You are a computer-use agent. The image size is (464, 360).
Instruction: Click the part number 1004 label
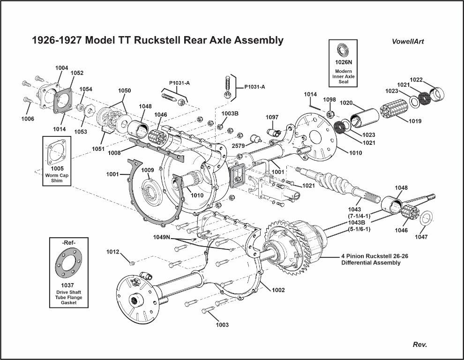click(x=61, y=68)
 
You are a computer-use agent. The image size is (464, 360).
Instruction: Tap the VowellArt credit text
click(x=408, y=41)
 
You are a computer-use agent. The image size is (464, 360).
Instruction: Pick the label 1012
click(x=113, y=252)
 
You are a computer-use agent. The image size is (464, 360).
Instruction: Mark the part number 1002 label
click(x=278, y=290)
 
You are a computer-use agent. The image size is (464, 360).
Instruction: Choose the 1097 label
click(x=272, y=117)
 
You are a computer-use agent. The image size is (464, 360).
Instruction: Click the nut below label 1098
click(x=329, y=114)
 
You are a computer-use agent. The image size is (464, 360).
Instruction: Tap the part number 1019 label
click(x=414, y=121)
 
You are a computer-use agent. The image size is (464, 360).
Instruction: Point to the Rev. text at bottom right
click(x=419, y=345)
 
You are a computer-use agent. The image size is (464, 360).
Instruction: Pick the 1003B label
click(x=230, y=113)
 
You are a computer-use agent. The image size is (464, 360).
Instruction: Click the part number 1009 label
click(x=148, y=170)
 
